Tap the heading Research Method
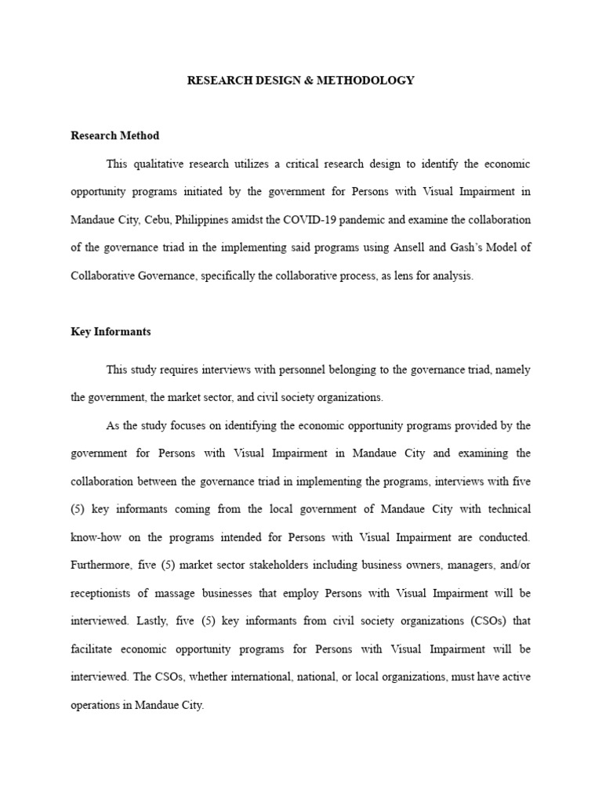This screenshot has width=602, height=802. (114, 135)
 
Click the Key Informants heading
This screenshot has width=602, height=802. (111, 332)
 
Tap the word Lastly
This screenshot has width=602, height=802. (150, 621)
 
